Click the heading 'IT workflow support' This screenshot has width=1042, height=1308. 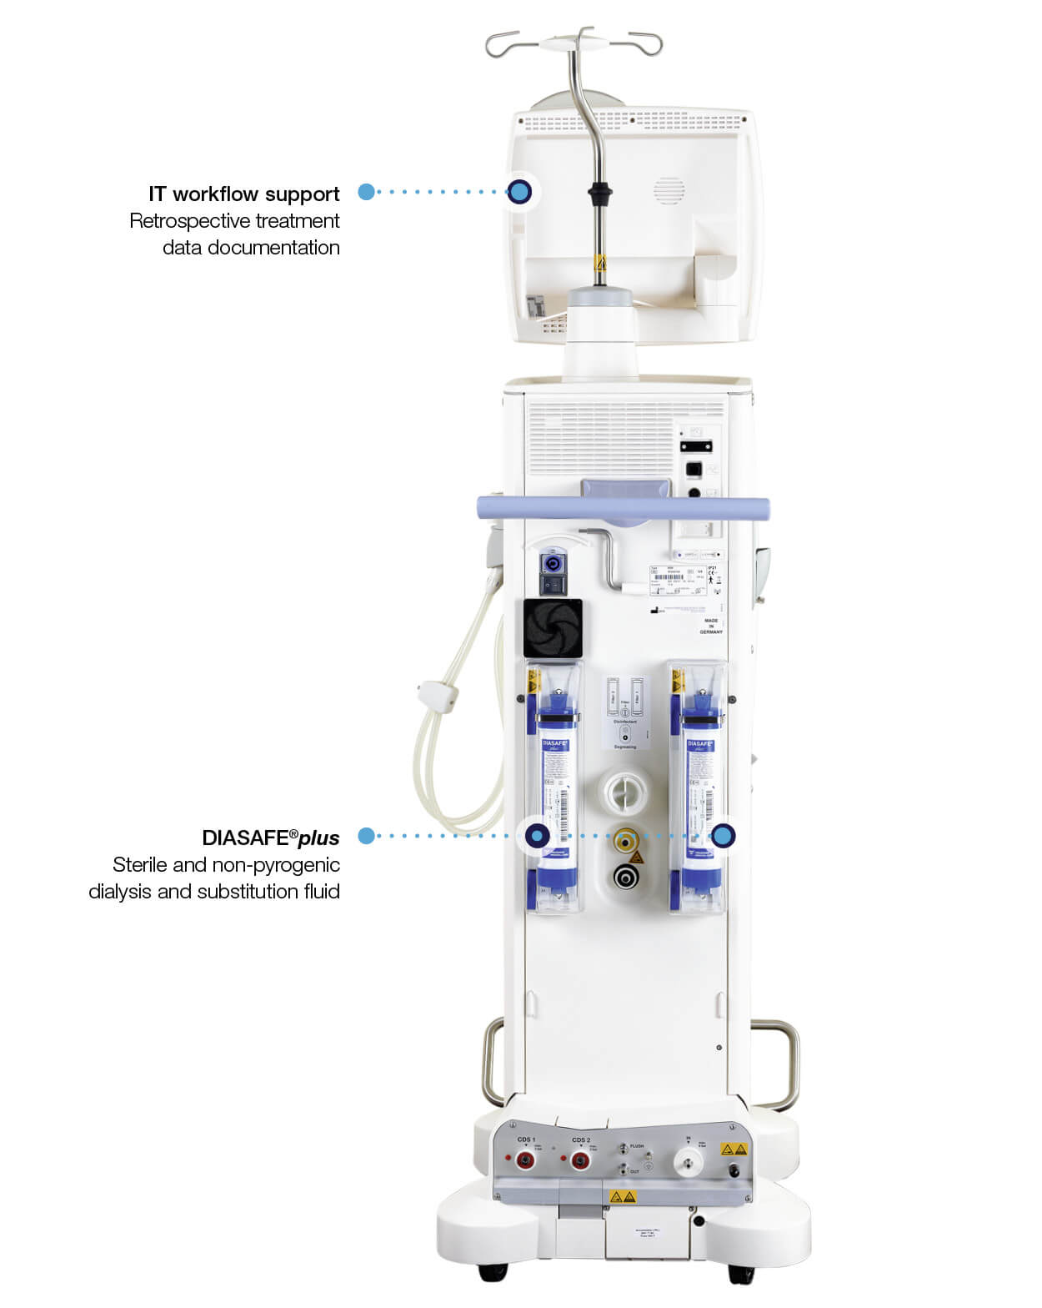tap(243, 194)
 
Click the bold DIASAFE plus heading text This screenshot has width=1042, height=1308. tap(270, 838)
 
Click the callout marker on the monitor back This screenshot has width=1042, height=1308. tap(519, 192)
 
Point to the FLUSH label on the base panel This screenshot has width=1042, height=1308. tap(637, 1147)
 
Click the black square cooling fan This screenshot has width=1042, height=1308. tap(551, 628)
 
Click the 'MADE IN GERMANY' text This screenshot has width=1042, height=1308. tap(711, 626)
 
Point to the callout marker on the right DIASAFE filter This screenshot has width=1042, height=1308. tap(723, 835)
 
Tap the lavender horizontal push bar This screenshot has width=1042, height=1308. tap(622, 506)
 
